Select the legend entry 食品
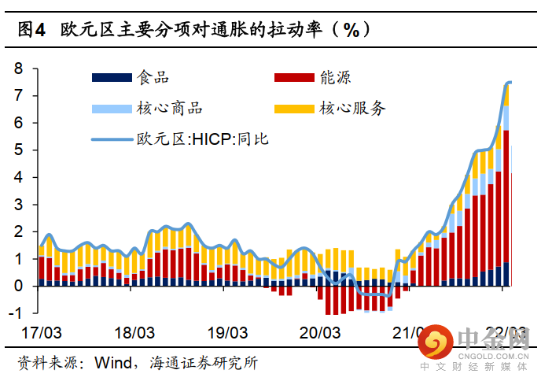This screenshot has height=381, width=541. click(153, 77)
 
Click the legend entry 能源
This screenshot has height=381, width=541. click(335, 77)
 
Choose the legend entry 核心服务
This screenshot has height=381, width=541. click(352, 108)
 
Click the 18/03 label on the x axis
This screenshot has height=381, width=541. click(134, 333)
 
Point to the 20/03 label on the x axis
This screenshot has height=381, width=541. click(320, 333)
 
